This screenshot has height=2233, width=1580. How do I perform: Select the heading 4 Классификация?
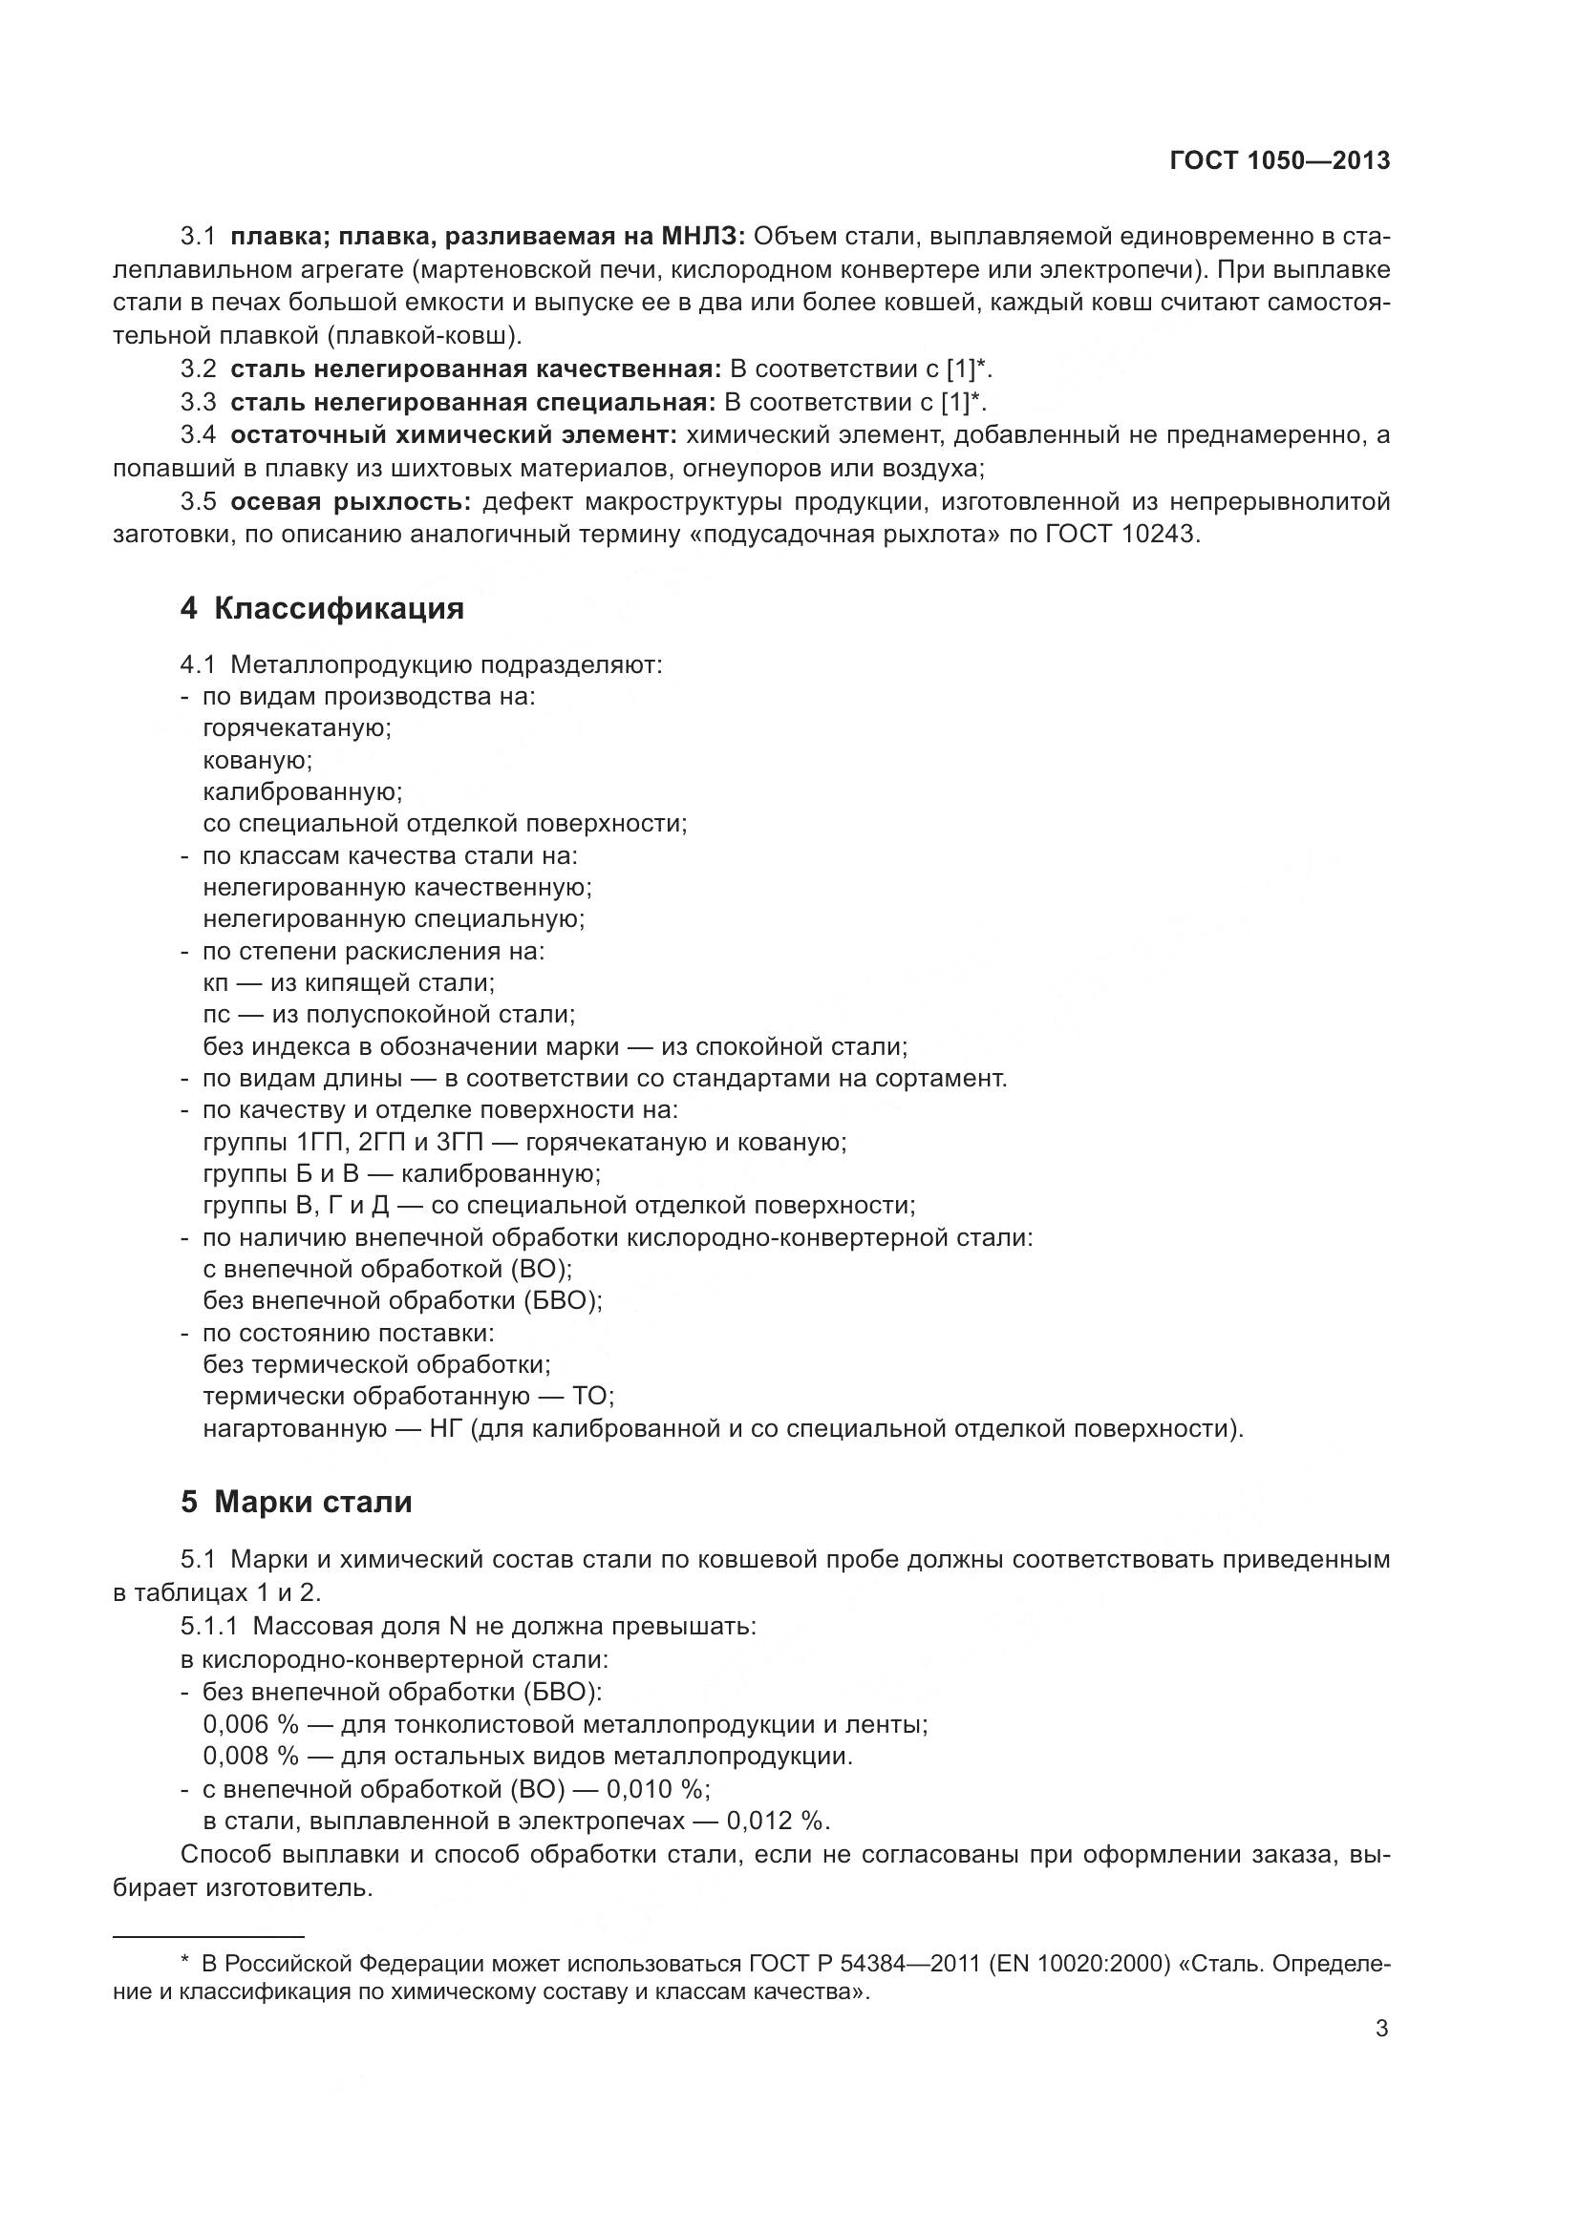click(322, 609)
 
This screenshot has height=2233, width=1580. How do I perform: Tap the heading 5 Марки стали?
click(297, 1502)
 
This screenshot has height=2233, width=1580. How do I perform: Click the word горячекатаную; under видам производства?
click(297, 728)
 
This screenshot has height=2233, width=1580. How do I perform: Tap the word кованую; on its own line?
click(258, 760)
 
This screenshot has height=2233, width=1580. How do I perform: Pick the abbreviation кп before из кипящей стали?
click(215, 982)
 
